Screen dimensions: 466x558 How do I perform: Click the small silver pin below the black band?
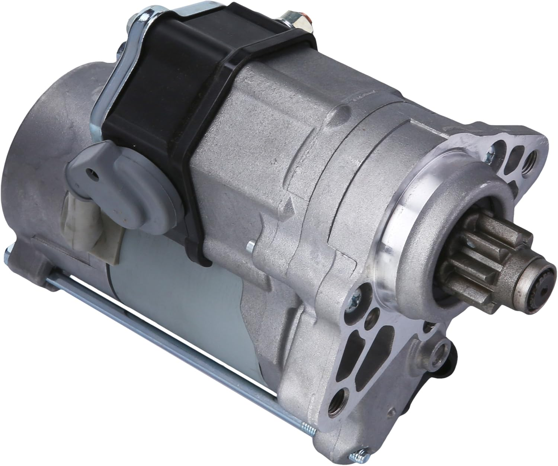(251, 245)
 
